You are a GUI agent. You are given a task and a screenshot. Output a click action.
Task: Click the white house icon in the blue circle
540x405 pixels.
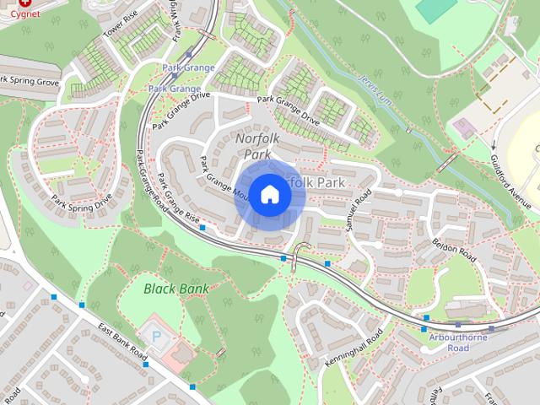(269, 194)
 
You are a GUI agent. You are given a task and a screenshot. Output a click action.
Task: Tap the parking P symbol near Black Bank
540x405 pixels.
(155, 336)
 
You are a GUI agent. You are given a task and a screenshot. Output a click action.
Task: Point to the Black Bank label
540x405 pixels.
(175, 289)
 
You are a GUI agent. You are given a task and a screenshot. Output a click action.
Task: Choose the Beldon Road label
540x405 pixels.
(456, 249)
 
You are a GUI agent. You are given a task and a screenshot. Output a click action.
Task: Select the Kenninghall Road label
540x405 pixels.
(354, 349)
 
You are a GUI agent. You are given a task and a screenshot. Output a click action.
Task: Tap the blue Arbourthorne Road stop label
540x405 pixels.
(458, 342)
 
